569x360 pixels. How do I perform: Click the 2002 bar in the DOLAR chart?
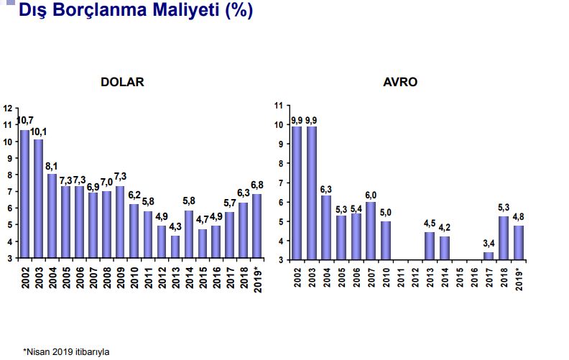[25, 194]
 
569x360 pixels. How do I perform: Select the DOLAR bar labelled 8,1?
[52, 216]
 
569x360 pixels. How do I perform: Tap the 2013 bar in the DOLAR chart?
[175, 247]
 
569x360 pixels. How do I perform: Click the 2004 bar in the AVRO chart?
[327, 227]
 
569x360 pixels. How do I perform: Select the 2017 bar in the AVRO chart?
[489, 256]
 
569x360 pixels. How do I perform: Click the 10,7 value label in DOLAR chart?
[24, 120]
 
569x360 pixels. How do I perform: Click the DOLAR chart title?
[122, 82]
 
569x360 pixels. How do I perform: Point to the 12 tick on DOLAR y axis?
[8, 109]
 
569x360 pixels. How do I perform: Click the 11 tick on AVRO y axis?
[279, 106]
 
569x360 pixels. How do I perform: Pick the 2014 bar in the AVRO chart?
[445, 247]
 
